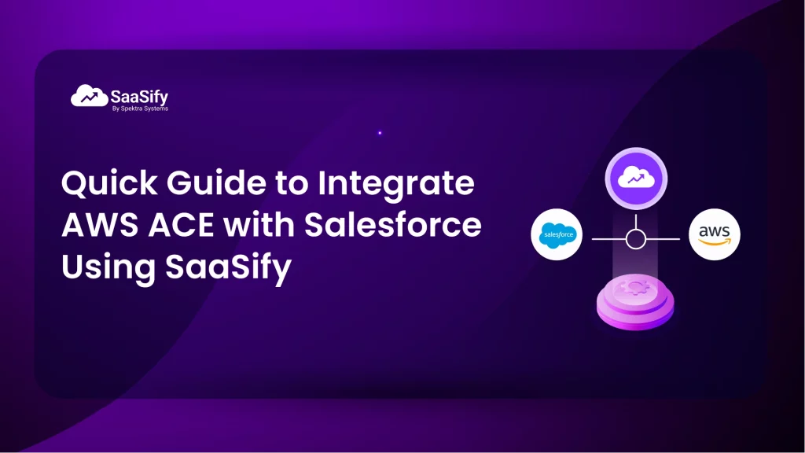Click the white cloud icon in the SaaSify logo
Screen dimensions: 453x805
tap(89, 97)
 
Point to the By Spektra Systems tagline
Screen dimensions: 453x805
tap(140, 109)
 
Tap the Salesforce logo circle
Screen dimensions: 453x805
tap(557, 234)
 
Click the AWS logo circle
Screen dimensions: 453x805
tap(714, 234)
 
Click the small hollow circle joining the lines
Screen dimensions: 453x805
tap(635, 238)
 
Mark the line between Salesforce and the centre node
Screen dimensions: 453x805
tap(608, 238)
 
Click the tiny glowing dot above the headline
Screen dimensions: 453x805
tap(380, 133)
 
